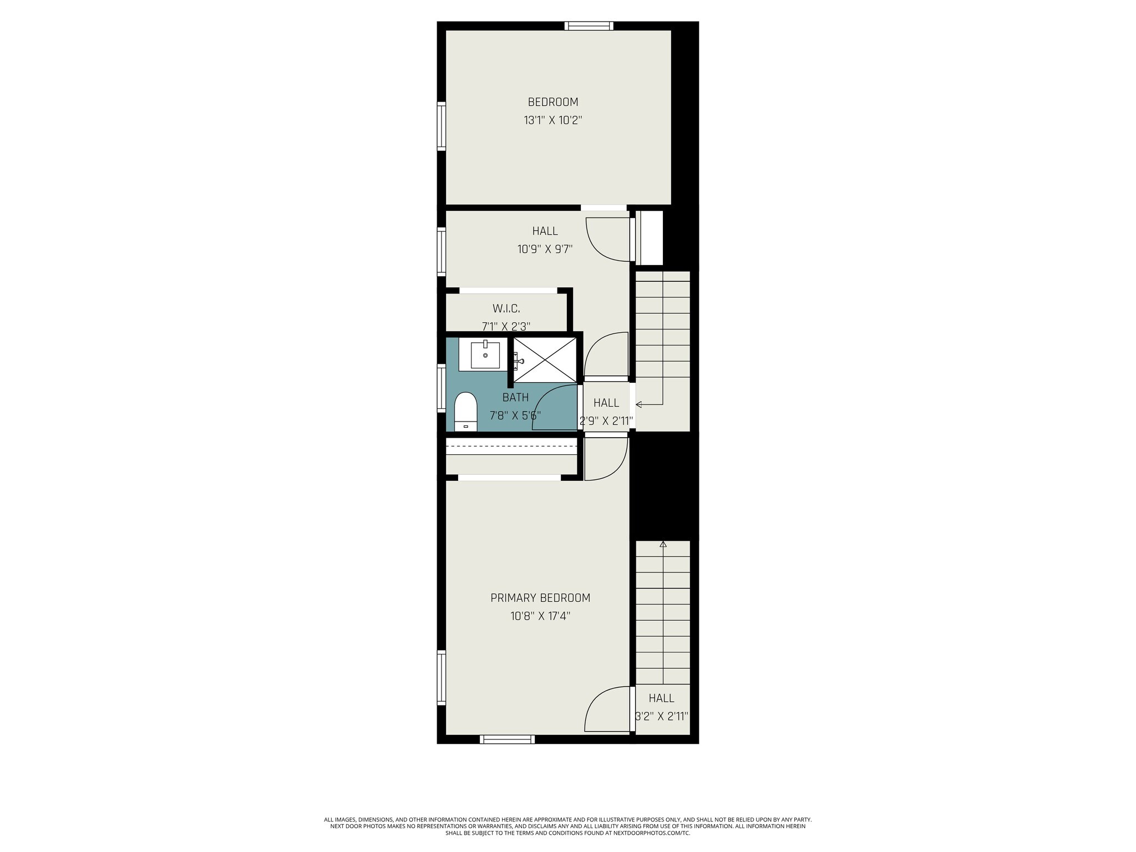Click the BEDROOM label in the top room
[552, 102]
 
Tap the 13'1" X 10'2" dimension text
[552, 120]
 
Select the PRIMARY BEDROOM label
[540, 598]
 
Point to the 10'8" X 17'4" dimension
[540, 616]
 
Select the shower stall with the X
[545, 359]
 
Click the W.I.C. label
[506, 308]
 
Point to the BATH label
[515, 397]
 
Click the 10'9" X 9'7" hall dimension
[545, 249]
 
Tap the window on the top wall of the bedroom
[589, 26]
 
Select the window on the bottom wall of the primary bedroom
[507, 739]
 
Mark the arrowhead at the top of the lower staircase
[663, 544]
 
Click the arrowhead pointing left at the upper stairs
[638, 404]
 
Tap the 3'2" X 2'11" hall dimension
[661, 716]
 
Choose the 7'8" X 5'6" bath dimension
[515, 415]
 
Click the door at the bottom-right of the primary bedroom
[607, 710]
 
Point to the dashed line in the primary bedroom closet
[511, 446]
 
